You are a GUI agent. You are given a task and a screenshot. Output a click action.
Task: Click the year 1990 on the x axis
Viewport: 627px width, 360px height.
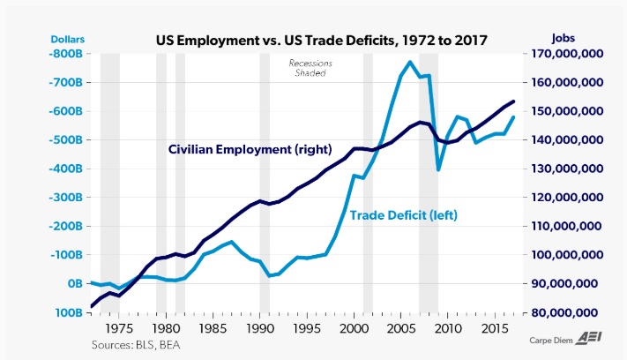258,326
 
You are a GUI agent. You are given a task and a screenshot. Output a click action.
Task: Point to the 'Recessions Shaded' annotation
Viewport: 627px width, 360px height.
308,68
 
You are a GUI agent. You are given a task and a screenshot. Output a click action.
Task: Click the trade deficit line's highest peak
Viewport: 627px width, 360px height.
410,62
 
